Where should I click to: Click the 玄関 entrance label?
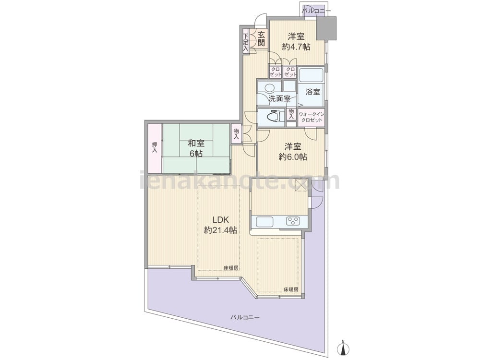tap(261, 38)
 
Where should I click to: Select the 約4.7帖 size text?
tap(296, 47)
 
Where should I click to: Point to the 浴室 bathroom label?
tap(312, 92)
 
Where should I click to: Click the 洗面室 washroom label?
tap(279, 98)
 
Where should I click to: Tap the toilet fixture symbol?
tap(274, 116)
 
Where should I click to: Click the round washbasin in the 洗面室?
tap(270, 87)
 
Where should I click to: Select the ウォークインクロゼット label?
tap(312, 117)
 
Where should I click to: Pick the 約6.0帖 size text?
tap(293, 157)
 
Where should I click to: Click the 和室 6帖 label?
tap(196, 148)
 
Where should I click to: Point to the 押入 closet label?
tap(155, 147)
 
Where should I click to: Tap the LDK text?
tap(221, 219)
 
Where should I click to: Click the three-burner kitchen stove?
tap(294, 221)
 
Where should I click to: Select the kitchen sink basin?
tap(264, 221)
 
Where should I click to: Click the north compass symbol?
tap(343, 348)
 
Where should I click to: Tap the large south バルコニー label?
tap(245, 317)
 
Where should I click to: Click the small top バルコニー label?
tap(316, 11)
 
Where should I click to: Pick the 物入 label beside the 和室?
tap(236, 134)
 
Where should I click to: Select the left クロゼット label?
tap(276, 72)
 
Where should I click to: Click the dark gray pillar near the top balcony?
tap(326, 28)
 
